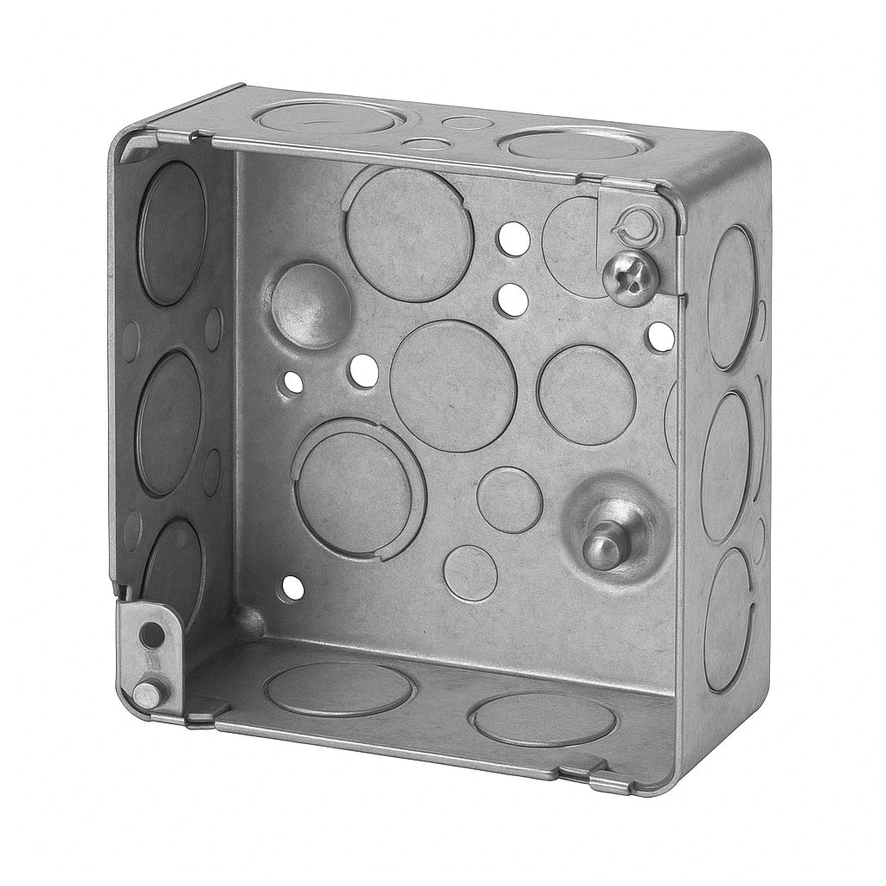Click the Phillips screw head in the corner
(631, 277)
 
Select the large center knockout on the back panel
(453, 385)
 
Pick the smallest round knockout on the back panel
(470, 572)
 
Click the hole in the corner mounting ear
(152, 634)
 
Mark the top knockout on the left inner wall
(170, 232)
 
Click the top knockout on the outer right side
(730, 285)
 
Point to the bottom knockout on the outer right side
(725, 619)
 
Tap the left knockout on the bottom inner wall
(338, 689)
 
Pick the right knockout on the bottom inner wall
(543, 718)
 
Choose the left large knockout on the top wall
(328, 117)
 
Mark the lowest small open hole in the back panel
(292, 588)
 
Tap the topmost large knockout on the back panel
(409, 234)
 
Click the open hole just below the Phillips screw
(660, 337)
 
